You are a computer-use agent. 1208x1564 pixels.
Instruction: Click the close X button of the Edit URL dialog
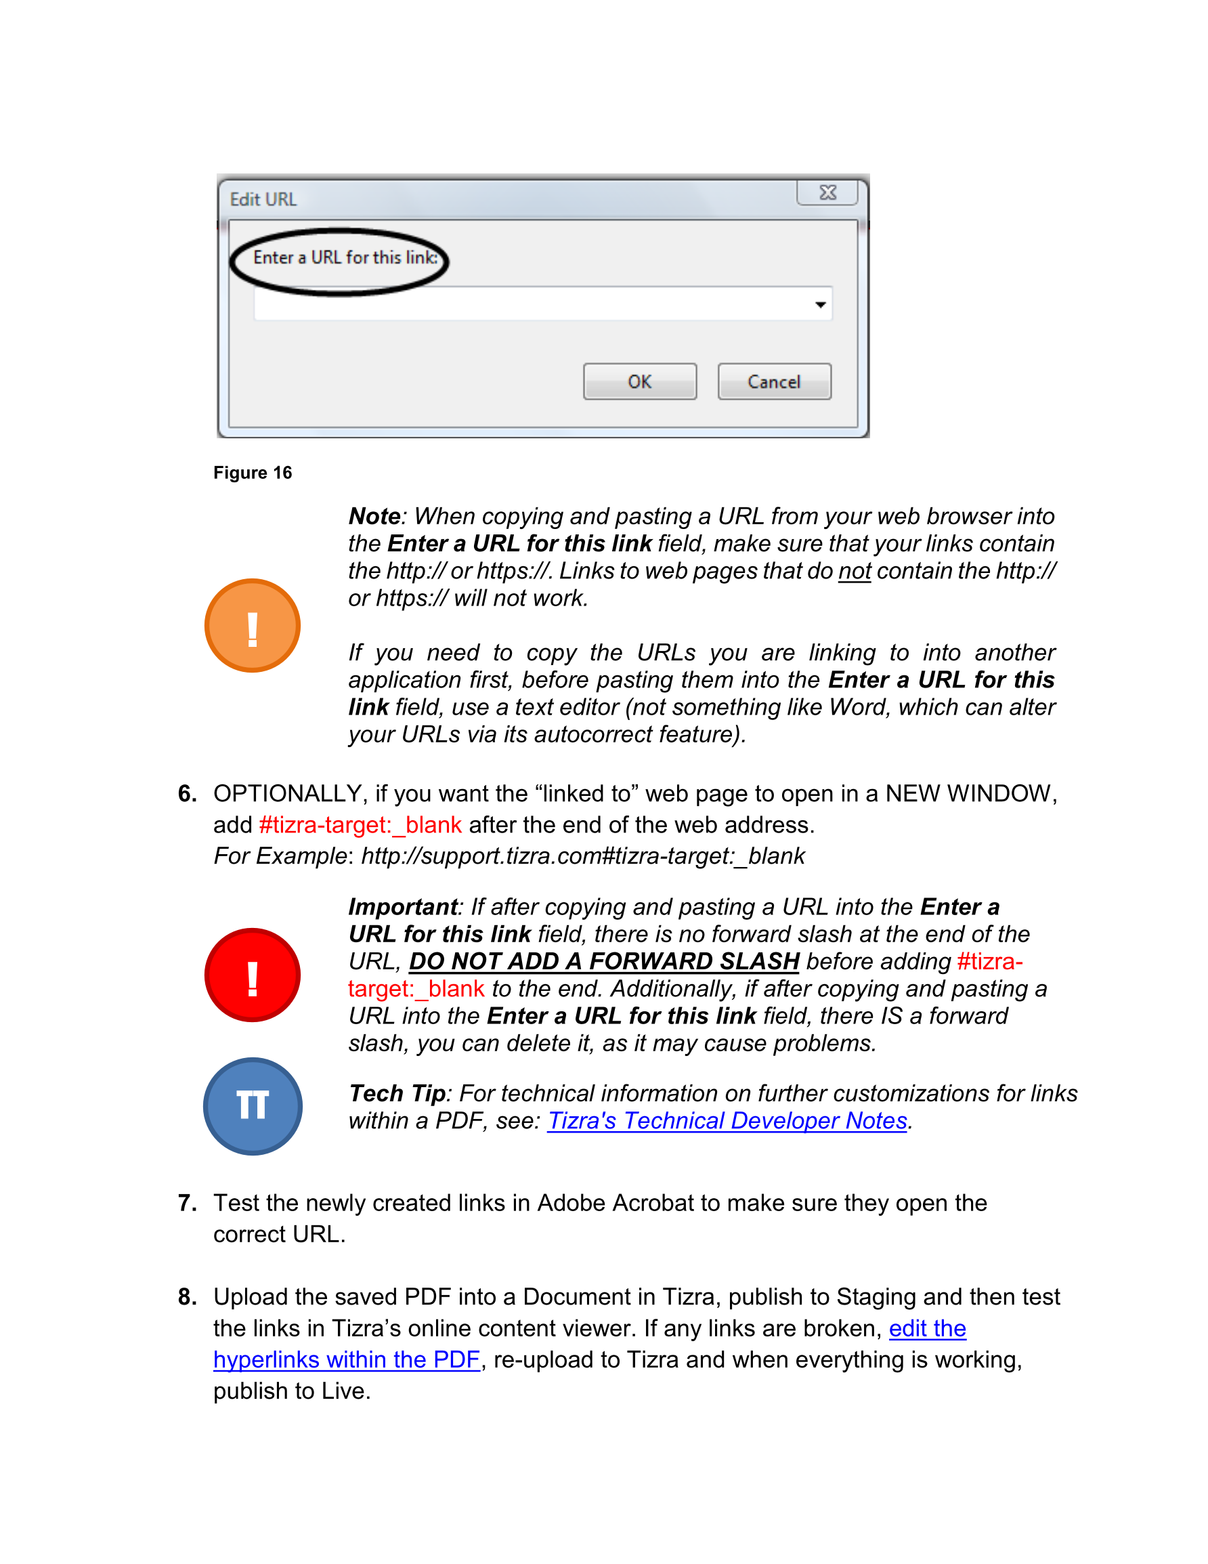click(x=827, y=192)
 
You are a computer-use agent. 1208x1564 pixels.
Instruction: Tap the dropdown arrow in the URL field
click(x=820, y=305)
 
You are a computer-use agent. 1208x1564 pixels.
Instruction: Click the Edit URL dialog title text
click(x=263, y=199)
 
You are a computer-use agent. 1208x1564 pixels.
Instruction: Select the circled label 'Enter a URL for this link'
click(x=345, y=258)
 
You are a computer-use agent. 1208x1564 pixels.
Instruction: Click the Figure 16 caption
click(x=252, y=473)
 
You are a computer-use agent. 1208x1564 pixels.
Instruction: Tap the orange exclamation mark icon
click(x=252, y=625)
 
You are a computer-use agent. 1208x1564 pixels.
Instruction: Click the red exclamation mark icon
click(x=252, y=975)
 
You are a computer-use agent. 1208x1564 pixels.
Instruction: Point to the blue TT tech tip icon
click(x=252, y=1105)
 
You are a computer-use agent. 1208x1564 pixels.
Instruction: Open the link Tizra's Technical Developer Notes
click(x=727, y=1121)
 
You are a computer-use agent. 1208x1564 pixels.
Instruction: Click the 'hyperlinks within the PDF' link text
click(x=346, y=1359)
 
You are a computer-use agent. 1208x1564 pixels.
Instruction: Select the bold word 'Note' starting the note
click(x=374, y=516)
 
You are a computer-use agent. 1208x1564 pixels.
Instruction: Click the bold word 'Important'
click(x=402, y=906)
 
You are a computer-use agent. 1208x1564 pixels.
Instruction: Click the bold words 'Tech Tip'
click(x=397, y=1093)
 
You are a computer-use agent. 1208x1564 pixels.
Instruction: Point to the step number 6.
click(x=187, y=793)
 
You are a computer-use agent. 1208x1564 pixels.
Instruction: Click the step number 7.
click(x=187, y=1203)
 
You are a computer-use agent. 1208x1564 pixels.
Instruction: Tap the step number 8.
click(x=187, y=1297)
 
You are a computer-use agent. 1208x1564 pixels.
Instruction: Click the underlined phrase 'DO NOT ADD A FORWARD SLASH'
click(x=603, y=961)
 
